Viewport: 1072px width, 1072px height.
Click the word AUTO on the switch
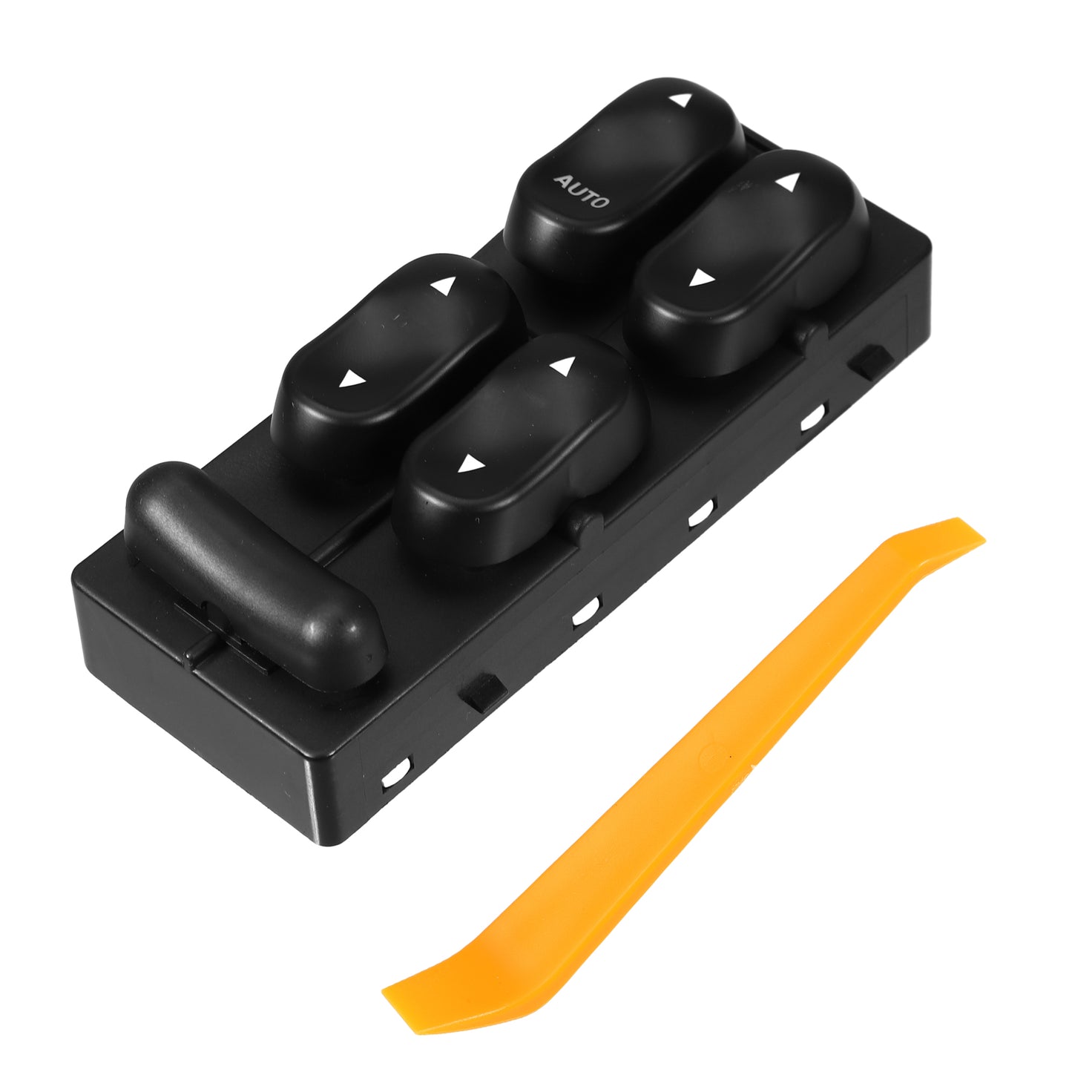582,191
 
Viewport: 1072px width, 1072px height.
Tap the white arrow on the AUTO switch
680,100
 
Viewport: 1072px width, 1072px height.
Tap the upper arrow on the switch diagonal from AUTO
562,365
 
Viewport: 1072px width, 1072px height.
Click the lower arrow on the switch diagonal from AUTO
469,463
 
